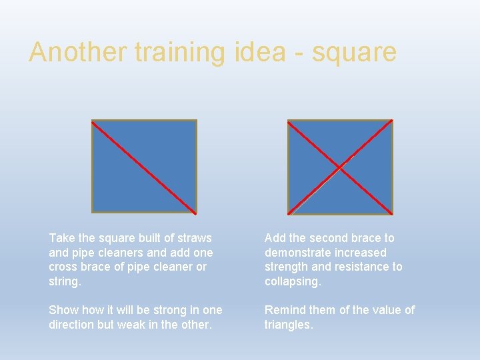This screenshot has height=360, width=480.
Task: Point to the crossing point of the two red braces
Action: [x=341, y=167]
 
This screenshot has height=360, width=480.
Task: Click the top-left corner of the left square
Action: [x=92, y=121]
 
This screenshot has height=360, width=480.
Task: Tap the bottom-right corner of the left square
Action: [x=196, y=213]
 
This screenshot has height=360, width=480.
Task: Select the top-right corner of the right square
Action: [x=392, y=121]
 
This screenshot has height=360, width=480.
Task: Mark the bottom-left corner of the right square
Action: [x=288, y=213]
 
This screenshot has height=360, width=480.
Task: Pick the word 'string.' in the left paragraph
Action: [x=65, y=281]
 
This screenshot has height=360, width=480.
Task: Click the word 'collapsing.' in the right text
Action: [x=293, y=281]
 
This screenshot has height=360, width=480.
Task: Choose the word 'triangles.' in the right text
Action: [x=289, y=325]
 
